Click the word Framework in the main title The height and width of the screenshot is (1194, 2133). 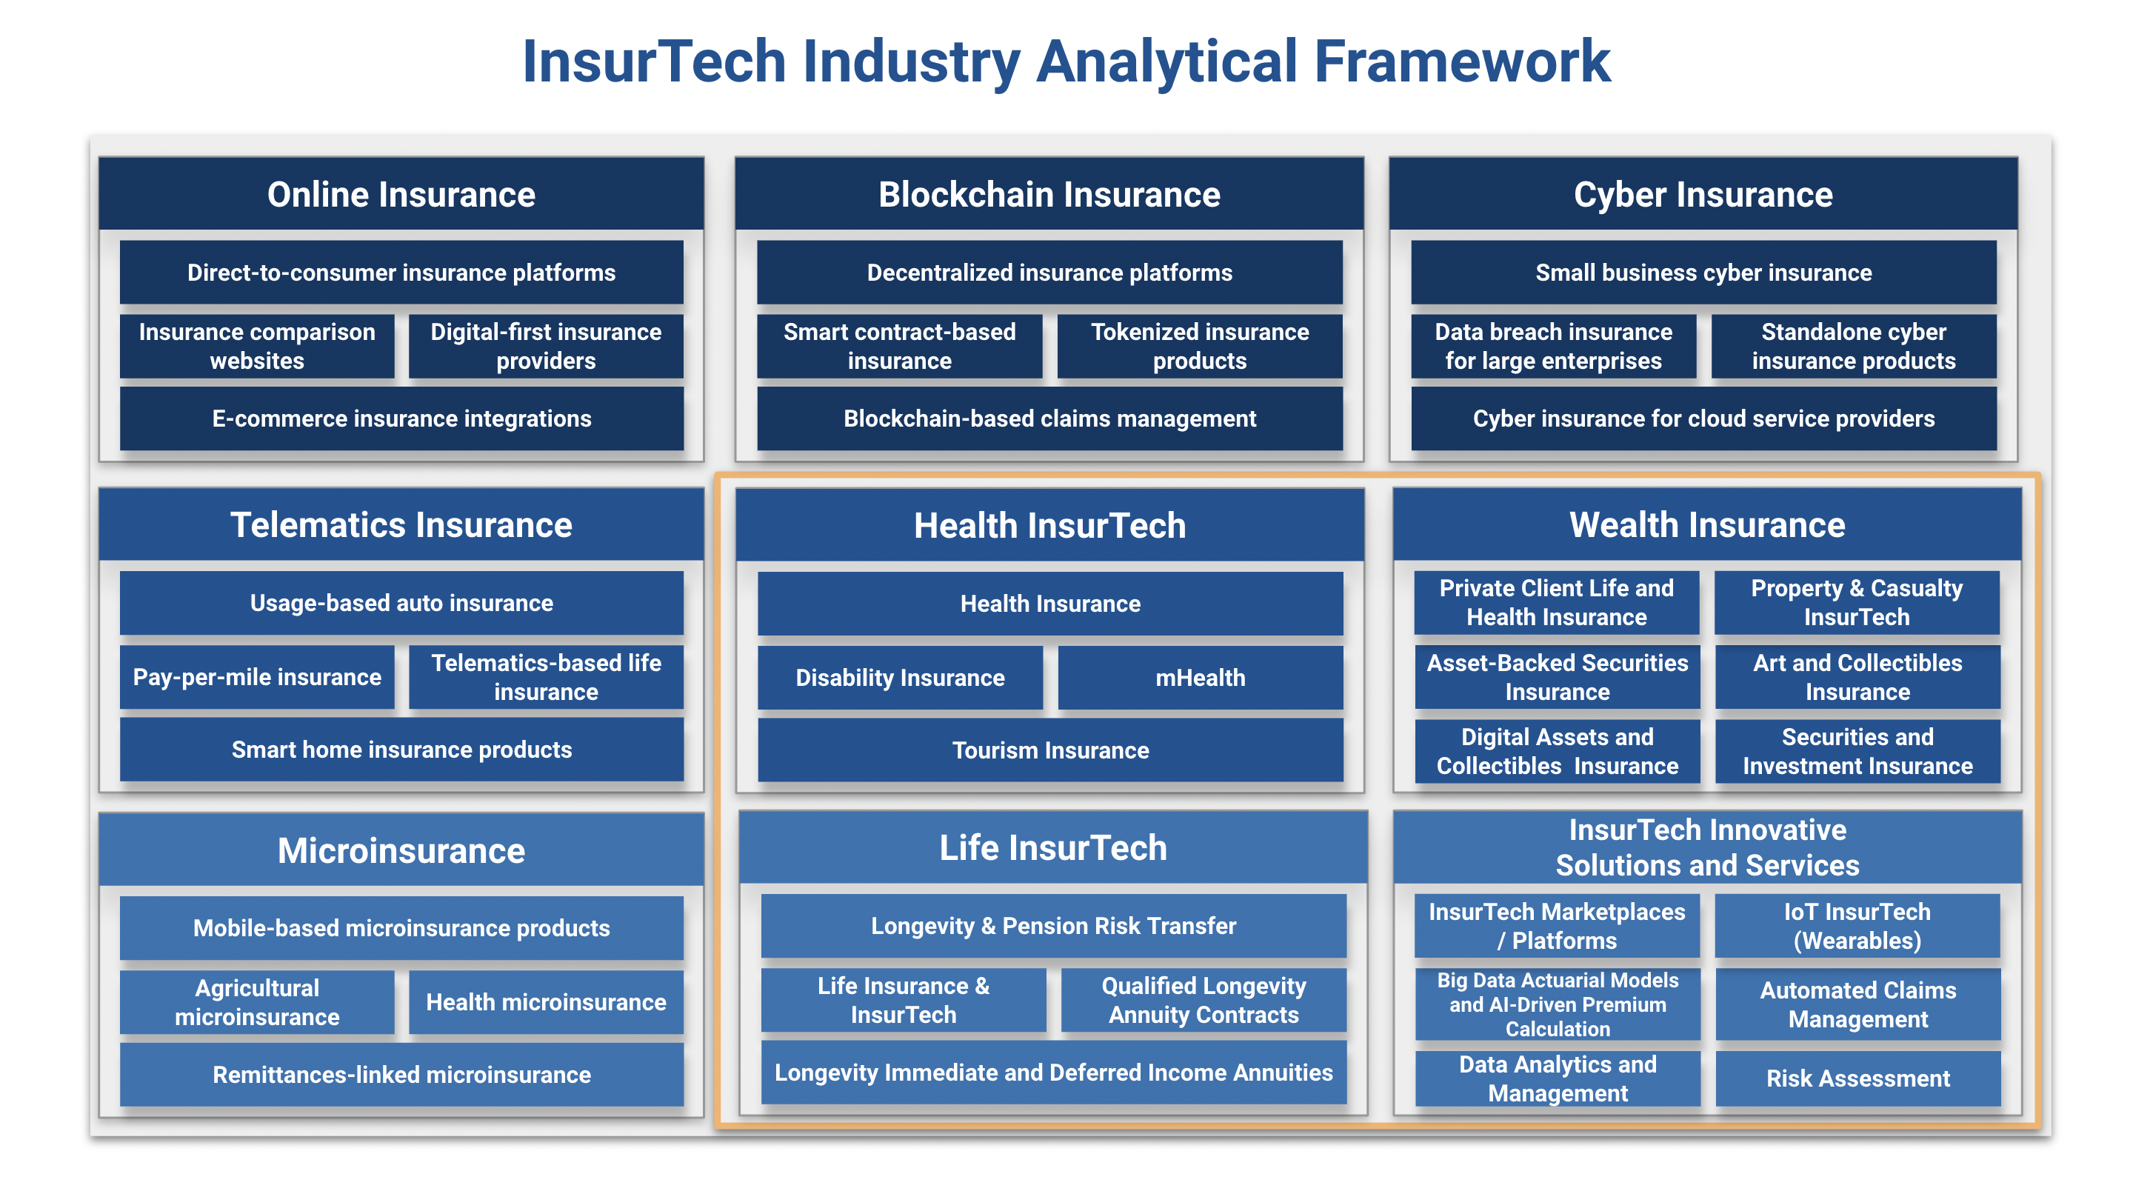pos(1462,62)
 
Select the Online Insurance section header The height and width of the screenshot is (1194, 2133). pos(401,195)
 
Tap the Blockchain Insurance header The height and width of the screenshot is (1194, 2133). pos(1049,195)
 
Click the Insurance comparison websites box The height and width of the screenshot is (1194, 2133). pos(257,346)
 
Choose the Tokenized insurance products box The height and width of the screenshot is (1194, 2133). pos(1199,346)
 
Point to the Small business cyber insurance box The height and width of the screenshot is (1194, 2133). pos(1703,273)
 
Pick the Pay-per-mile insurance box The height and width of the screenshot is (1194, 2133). pos(257,677)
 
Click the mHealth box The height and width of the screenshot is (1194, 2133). pos(1200,677)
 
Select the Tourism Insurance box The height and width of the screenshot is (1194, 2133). pos(1050,750)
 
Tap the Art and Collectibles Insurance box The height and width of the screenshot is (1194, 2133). pos(1857,677)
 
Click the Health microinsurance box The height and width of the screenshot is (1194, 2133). pos(546,1002)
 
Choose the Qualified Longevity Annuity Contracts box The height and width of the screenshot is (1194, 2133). pos(1203,1000)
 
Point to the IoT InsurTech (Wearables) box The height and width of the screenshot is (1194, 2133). pos(1857,926)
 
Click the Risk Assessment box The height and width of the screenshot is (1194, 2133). pos(1857,1078)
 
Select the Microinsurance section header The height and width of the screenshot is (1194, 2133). pos(401,850)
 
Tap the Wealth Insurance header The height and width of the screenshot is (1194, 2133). pos(1706,525)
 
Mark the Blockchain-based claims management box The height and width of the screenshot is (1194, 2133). pos(1049,419)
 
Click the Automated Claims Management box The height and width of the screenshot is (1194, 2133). pos(1857,1004)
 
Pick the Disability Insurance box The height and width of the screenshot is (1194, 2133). pos(899,677)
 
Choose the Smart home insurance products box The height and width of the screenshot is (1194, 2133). pos(401,750)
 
